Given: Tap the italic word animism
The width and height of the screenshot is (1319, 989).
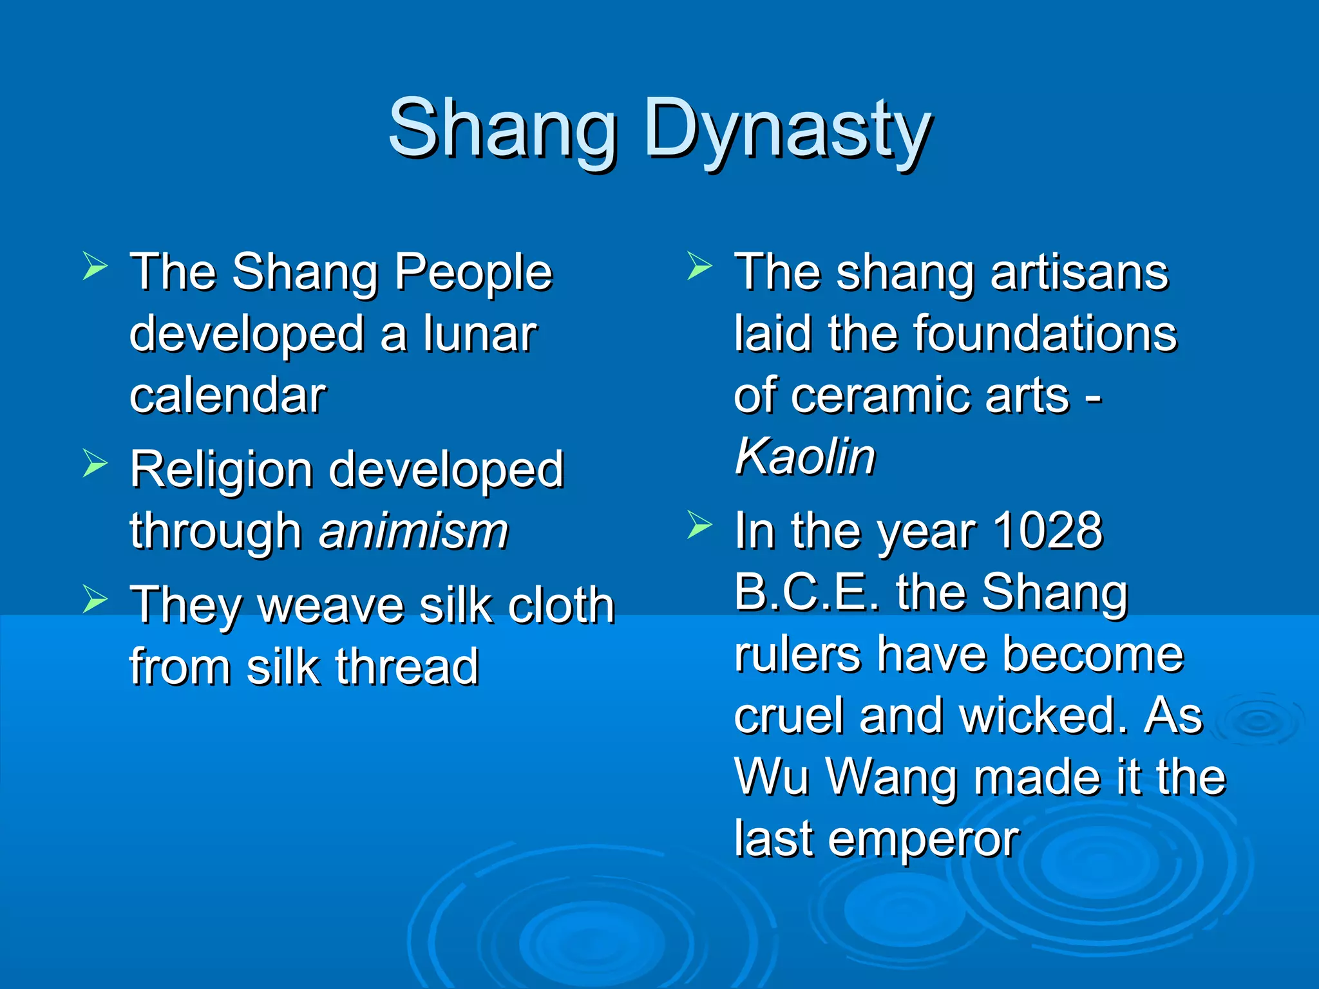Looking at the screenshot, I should click(413, 531).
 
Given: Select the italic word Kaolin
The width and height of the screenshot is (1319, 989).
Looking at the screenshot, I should click(805, 457).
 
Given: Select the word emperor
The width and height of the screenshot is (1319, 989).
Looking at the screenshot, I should click(923, 840).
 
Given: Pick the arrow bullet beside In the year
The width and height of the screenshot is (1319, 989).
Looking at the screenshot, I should click(699, 525).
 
